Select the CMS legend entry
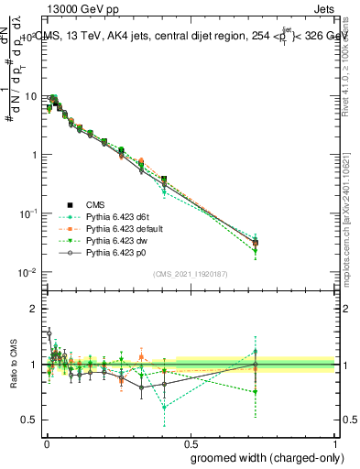pyautogui.click(x=96, y=204)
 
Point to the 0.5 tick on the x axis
pyautogui.click(x=191, y=442)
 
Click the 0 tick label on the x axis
pyautogui.click(x=46, y=442)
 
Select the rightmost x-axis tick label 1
pyautogui.click(x=335, y=442)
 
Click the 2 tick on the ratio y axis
pyautogui.click(x=35, y=309)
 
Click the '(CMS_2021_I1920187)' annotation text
pyautogui.click(x=191, y=274)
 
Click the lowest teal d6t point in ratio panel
pyautogui.click(x=164, y=407)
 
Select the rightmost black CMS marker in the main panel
pyautogui.click(x=256, y=242)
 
